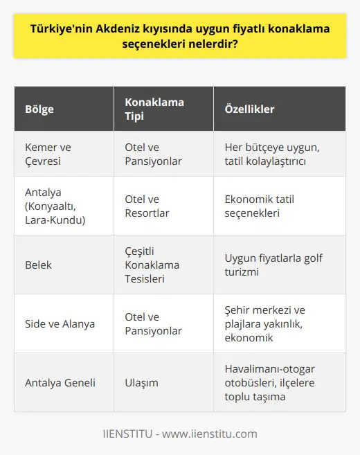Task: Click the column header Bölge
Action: click(39, 109)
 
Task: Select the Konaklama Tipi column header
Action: click(154, 109)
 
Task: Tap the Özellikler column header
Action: click(249, 109)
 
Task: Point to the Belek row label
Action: click(39, 265)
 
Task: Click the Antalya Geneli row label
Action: click(60, 382)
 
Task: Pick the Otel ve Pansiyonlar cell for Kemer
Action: click(153, 154)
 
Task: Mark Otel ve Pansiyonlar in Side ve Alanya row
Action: click(153, 323)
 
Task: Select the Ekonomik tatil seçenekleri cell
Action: click(259, 206)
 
